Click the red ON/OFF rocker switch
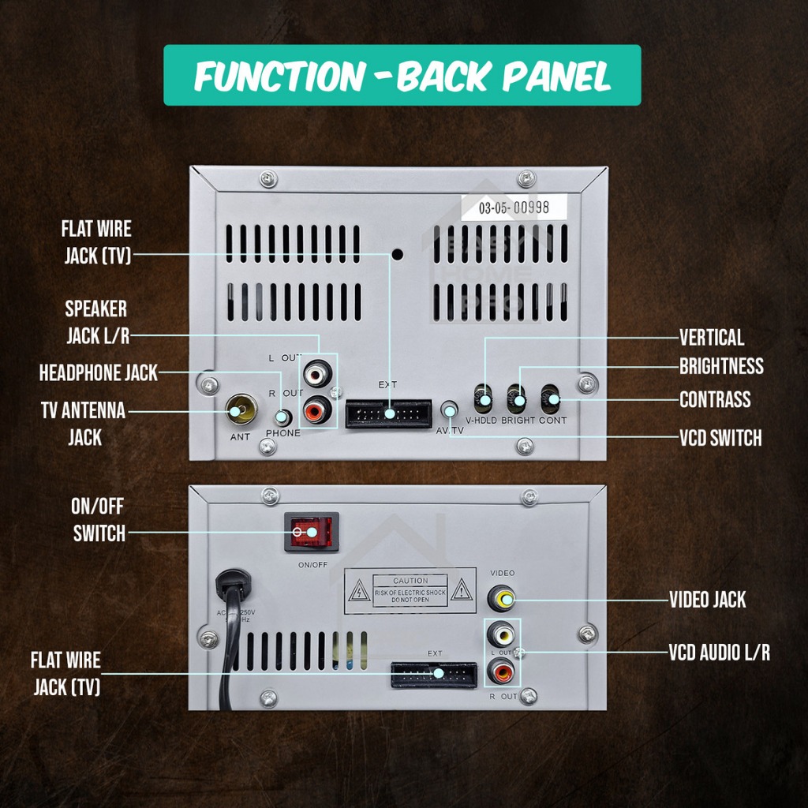[311, 533]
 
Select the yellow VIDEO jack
[503, 599]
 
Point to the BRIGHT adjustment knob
[518, 398]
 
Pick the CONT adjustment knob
[552, 398]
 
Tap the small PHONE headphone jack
[282, 417]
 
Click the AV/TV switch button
[450, 410]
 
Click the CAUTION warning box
[410, 590]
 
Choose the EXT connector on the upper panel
[389, 413]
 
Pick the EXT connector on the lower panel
[434, 675]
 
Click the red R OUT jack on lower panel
[502, 672]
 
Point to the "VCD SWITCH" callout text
[720, 437]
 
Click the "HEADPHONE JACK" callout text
[99, 372]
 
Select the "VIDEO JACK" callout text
[707, 600]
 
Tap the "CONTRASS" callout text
[715, 399]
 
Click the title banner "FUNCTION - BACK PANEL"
[402, 76]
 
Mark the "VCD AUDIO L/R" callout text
[719, 653]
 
